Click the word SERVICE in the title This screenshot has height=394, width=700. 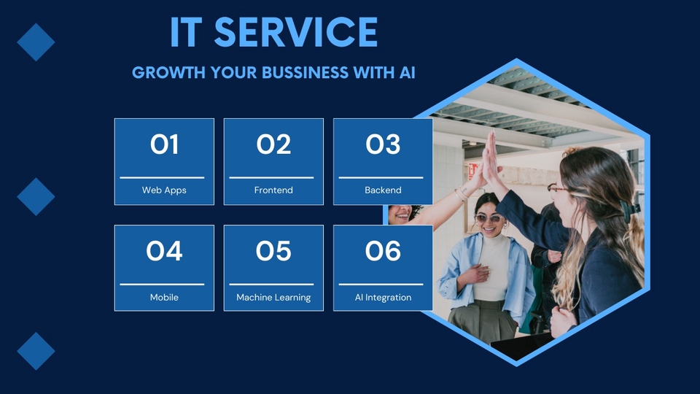click(296, 33)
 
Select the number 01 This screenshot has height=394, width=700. click(164, 145)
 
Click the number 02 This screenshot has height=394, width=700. click(273, 145)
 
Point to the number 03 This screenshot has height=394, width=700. click(383, 145)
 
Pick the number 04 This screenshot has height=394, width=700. click(164, 252)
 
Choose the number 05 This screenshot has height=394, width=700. click(273, 252)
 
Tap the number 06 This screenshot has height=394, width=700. click(383, 252)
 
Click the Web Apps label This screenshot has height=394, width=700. click(164, 190)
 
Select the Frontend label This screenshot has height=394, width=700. click(273, 190)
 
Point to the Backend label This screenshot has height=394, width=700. click(383, 190)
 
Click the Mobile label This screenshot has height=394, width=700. click(164, 298)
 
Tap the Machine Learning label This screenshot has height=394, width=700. click(273, 298)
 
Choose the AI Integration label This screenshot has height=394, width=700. click(383, 298)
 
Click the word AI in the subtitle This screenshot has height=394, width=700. click(407, 73)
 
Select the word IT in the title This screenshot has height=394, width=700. click(185, 33)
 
